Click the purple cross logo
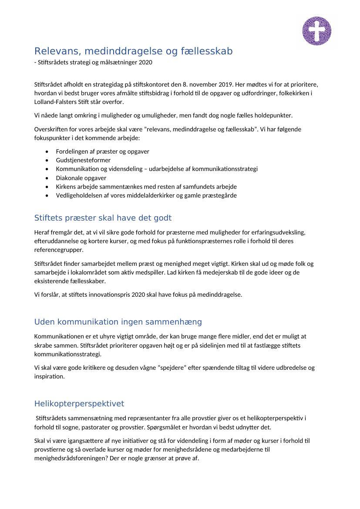(x=316, y=31)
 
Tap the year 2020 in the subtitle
(x=145, y=62)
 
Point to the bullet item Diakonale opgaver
(x=81, y=178)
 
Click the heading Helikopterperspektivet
(x=79, y=404)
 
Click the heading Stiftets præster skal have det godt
(x=103, y=218)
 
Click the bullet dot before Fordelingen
(x=47, y=151)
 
